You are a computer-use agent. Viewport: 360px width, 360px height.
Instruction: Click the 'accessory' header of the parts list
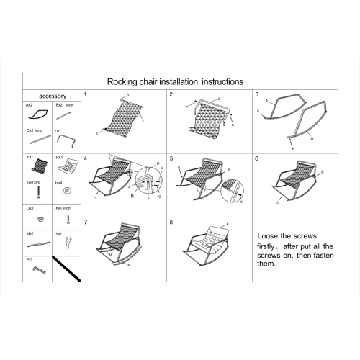53,95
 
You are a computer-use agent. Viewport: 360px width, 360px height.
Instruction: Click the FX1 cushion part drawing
67,167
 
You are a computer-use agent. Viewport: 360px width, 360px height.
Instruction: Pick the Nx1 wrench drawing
67,243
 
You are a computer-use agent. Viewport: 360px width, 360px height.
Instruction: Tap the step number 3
257,95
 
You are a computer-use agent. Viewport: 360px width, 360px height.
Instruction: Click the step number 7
86,222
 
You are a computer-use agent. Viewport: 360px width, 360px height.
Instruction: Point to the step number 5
171,158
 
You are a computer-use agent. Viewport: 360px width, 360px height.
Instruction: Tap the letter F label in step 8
228,225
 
